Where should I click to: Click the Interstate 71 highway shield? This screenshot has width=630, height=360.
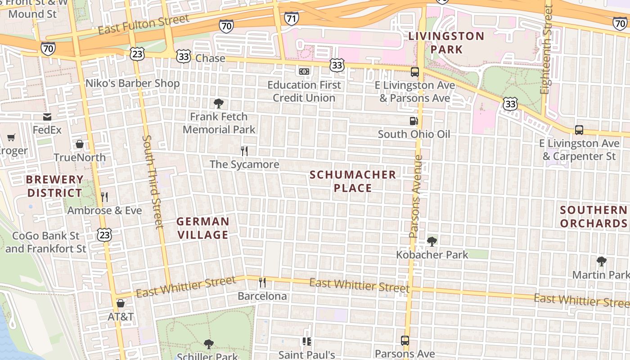[x=291, y=18]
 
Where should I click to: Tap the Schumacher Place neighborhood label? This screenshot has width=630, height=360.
[x=353, y=181]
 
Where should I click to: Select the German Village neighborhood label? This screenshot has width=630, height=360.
[x=202, y=228]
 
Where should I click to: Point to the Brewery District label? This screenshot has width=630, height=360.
[x=54, y=186]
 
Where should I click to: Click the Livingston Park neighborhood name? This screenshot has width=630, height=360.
[x=446, y=42]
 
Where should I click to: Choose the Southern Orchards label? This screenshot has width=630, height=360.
[x=594, y=216]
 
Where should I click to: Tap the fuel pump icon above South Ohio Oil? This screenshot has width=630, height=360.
[x=414, y=121]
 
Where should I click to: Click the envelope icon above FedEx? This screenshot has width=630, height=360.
[x=47, y=117]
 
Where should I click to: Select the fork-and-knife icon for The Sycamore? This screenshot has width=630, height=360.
[x=244, y=151]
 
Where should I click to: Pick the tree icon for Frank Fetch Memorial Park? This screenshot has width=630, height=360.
[x=219, y=103]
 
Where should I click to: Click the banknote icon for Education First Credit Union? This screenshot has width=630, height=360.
[x=304, y=72]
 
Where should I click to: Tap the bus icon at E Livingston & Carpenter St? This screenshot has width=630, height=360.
[x=579, y=130]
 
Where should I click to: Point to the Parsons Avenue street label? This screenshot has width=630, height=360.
[x=417, y=196]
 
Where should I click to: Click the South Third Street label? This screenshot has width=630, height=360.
[x=152, y=181]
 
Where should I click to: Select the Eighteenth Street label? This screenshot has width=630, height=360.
[x=546, y=49]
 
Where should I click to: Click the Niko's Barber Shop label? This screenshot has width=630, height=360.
[x=132, y=83]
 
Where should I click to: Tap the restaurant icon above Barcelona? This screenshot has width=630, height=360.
[x=262, y=283]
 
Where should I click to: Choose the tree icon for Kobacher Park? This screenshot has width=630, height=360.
[x=432, y=242]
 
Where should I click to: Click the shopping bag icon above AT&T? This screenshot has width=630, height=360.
[x=120, y=303]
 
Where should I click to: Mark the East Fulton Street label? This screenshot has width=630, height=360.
[x=144, y=24]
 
